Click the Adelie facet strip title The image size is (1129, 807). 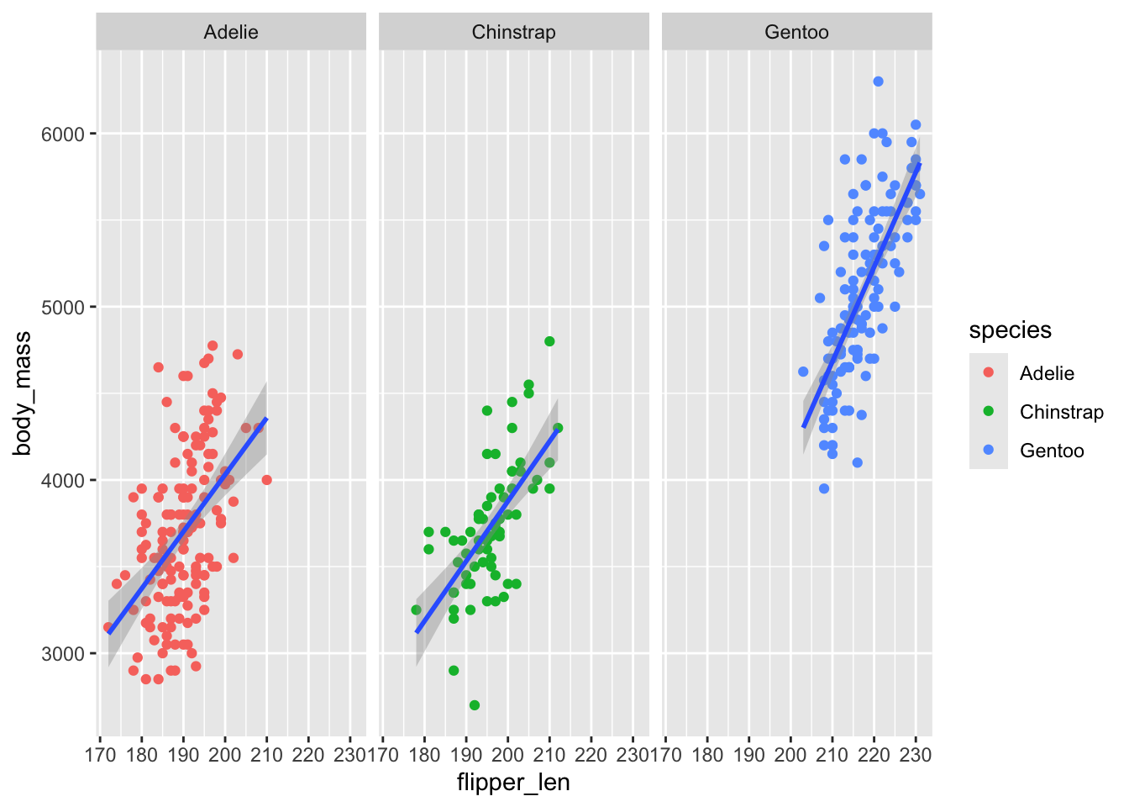coord(231,32)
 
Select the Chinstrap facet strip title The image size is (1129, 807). coord(513,32)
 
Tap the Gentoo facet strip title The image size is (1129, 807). coord(796,32)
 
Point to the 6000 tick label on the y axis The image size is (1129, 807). coord(63,134)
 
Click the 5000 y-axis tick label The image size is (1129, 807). coord(63,308)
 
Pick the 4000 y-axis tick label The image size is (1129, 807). coord(63,481)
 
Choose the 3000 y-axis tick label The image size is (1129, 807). coord(63,654)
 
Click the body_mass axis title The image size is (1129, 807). coord(23,393)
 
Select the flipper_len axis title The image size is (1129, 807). coord(513,783)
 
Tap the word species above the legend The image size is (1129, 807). coord(1010,330)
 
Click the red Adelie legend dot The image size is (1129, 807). coord(989,372)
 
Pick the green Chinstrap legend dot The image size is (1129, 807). coord(989,411)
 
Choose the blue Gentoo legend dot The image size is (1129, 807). coord(989,450)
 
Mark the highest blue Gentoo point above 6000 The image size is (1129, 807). coord(878,82)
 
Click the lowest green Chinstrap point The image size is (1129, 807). coord(475,705)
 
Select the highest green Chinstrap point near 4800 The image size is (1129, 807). coord(549,341)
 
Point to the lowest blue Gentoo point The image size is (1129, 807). coord(824,488)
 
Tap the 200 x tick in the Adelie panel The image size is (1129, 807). coord(225,754)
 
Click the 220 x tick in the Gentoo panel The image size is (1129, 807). coord(874,754)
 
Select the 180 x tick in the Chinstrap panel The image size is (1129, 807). coord(424,754)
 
